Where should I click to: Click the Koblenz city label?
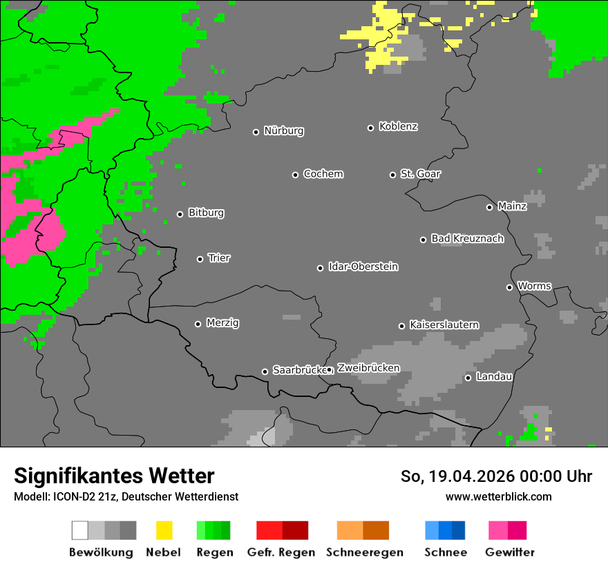click(398, 127)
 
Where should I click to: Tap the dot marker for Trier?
click(200, 259)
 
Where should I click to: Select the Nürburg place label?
click(283, 131)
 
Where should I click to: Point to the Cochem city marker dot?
click(295, 175)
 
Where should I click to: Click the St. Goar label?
click(420, 174)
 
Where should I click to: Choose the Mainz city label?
click(512, 206)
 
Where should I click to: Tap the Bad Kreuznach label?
click(467, 239)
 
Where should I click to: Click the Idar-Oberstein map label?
click(363, 267)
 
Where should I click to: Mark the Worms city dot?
click(510, 287)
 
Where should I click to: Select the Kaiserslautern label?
click(444, 325)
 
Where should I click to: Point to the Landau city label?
click(494, 377)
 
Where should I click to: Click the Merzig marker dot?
click(198, 324)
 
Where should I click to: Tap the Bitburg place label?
click(206, 213)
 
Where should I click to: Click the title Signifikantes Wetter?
click(114, 476)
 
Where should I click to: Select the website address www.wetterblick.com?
click(498, 496)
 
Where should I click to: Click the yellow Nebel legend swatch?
click(164, 530)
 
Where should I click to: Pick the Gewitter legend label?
click(509, 552)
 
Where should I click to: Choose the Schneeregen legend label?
click(365, 552)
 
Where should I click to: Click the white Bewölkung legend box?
click(80, 530)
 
